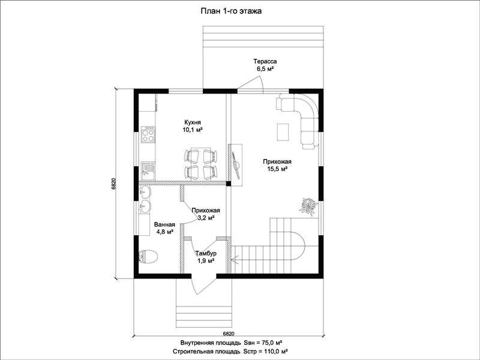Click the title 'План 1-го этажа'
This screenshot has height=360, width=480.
click(x=231, y=11)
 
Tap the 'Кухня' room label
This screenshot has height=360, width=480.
click(x=193, y=122)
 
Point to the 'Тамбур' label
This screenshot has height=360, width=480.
click(x=206, y=253)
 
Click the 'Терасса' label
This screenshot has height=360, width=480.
click(x=265, y=62)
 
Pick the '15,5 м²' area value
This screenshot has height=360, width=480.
click(x=277, y=169)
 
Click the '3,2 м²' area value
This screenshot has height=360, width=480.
click(x=205, y=218)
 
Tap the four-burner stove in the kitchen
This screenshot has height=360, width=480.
click(x=148, y=135)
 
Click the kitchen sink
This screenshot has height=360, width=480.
click(x=148, y=170)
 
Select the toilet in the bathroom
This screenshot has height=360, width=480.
click(x=148, y=257)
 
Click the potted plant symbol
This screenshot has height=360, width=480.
click(x=308, y=206)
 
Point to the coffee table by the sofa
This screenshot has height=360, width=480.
click(x=283, y=132)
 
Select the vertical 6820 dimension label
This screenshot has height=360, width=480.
click(x=113, y=184)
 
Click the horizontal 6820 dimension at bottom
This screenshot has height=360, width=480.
click(x=229, y=334)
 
